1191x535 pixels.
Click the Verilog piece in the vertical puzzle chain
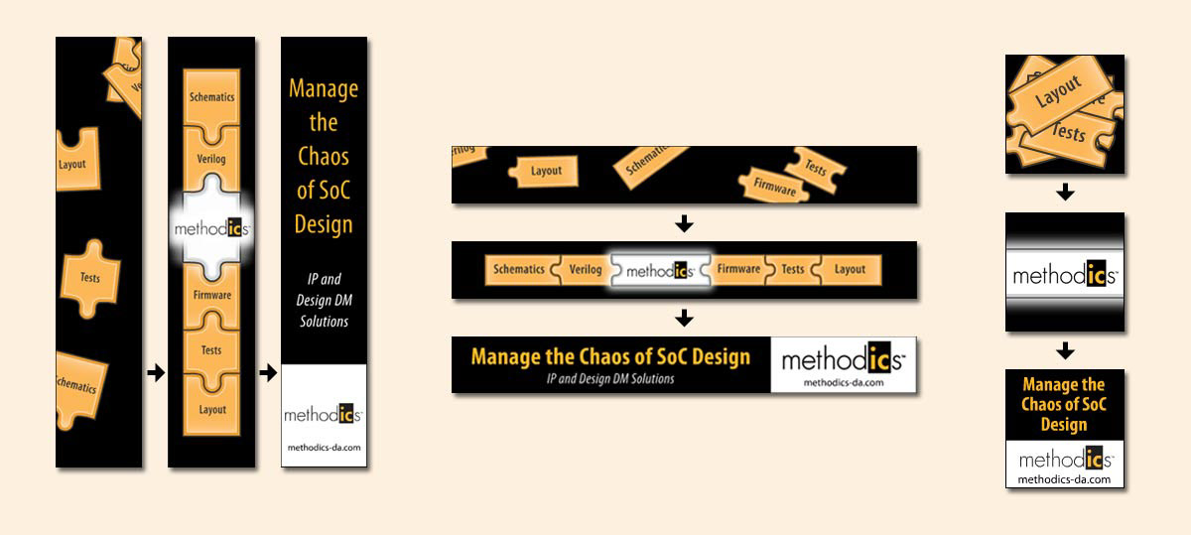pos(211,159)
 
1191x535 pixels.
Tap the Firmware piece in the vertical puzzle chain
pos(211,295)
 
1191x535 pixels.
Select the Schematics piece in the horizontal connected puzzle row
pos(519,269)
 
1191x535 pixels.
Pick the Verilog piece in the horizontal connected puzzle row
pos(585,269)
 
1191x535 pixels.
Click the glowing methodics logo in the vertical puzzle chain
pos(211,228)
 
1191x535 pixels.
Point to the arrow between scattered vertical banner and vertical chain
pos(155,373)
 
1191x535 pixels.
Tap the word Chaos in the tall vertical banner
pos(324,156)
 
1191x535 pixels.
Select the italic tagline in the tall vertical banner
pos(324,300)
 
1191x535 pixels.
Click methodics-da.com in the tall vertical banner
pos(324,448)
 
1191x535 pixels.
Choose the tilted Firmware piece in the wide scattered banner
pos(774,184)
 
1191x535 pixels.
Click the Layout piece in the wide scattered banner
pos(545,171)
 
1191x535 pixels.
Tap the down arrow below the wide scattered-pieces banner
pos(683,223)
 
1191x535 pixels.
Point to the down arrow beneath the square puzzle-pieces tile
pos(1065,193)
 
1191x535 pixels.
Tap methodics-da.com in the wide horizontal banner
pos(843,381)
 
